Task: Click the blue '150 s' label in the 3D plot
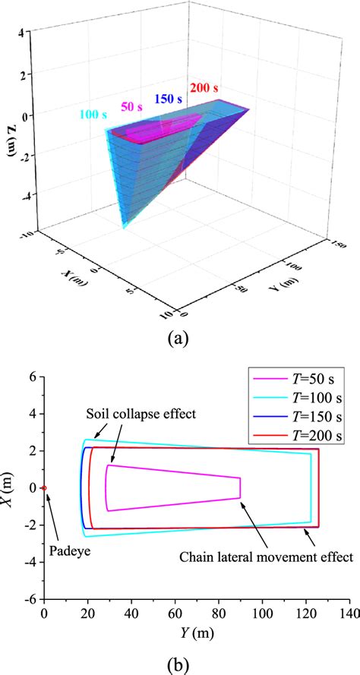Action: click(169, 99)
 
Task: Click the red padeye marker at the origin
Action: click(44, 488)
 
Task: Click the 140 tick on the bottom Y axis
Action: click(349, 613)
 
